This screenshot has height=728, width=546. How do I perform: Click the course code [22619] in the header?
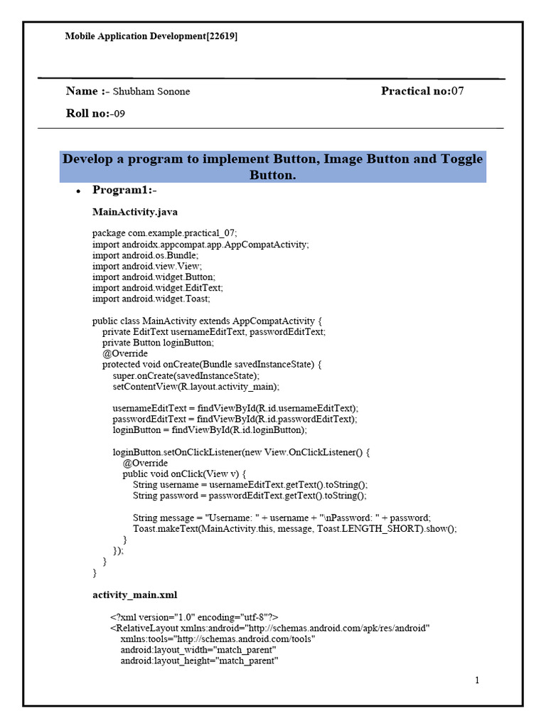click(x=221, y=36)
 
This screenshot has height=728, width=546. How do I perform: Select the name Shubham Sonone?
click(x=151, y=92)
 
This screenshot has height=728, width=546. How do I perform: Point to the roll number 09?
click(x=119, y=114)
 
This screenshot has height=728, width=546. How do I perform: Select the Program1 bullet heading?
click(x=124, y=190)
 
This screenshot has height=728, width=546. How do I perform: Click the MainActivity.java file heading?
click(x=135, y=212)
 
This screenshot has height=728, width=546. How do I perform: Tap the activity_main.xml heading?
click(x=135, y=594)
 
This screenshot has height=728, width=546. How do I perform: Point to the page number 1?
click(x=478, y=680)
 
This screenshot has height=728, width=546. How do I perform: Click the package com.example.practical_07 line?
click(x=165, y=233)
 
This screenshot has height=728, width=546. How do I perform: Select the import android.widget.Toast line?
click(x=151, y=299)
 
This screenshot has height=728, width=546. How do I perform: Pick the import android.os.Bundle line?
click(x=146, y=255)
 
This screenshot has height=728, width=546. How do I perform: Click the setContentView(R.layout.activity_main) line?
click(x=196, y=387)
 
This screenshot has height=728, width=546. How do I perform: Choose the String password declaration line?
click(x=250, y=496)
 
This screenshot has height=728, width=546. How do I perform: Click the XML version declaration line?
click(x=194, y=617)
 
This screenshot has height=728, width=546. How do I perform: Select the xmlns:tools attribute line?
click(x=218, y=639)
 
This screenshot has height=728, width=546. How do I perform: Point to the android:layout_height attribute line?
click(x=198, y=661)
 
